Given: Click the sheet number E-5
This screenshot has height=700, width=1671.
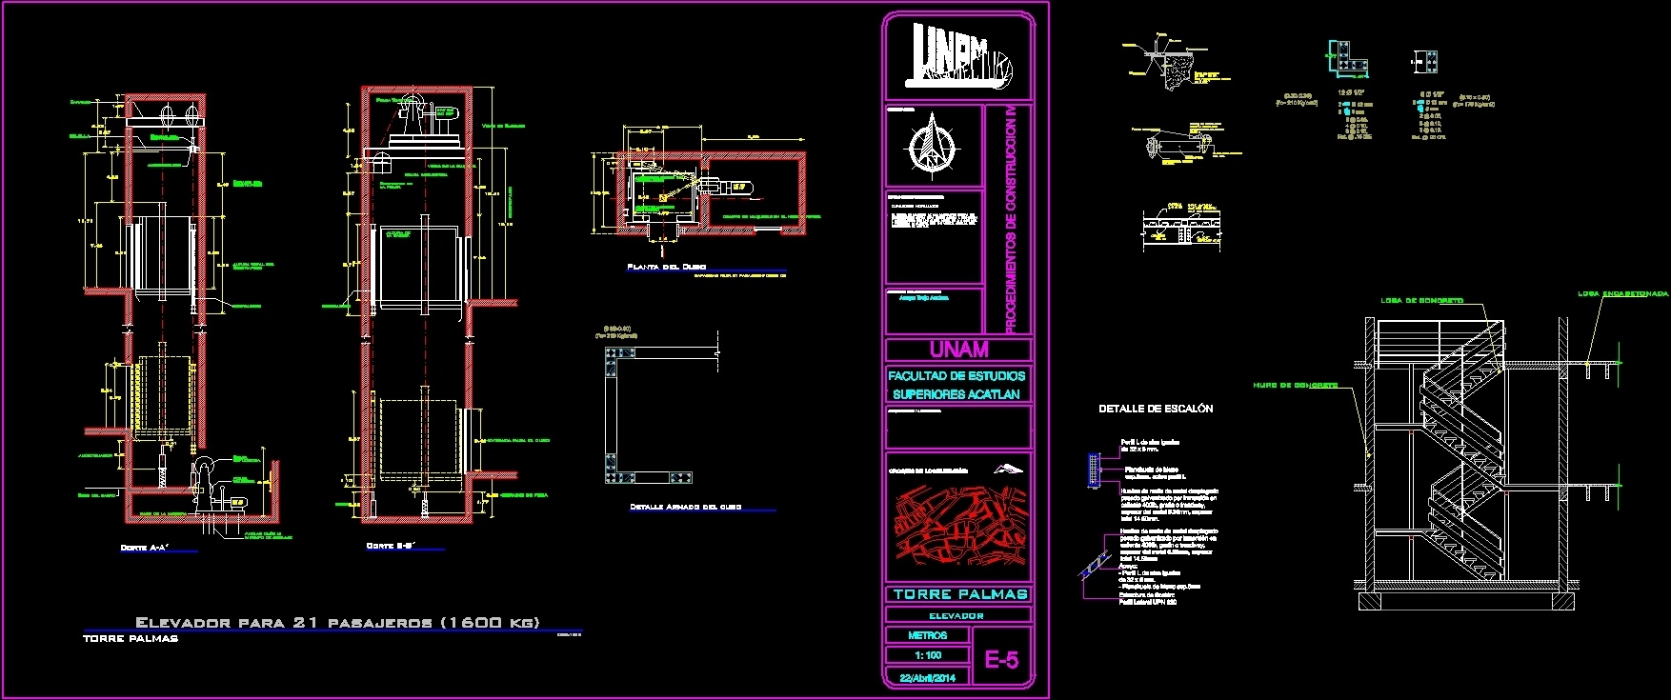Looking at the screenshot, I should (1001, 660).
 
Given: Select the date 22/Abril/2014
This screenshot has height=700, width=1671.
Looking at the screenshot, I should (927, 678).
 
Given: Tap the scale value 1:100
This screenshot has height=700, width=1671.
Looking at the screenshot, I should (927, 655).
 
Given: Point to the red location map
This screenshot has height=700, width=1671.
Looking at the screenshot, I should (958, 526).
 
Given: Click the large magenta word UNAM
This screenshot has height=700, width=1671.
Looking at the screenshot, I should (958, 350).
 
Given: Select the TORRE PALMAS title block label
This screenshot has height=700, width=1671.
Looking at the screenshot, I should (959, 594).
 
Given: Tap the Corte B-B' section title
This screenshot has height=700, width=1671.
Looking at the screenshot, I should (392, 546).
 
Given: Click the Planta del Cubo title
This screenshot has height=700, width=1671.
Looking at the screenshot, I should (666, 267).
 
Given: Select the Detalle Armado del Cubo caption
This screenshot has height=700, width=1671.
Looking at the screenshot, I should (685, 507).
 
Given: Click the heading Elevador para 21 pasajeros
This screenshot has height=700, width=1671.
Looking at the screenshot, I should (337, 622).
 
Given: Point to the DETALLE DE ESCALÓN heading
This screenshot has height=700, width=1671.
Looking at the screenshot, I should (1156, 409).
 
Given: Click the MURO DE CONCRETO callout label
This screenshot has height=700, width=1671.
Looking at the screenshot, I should (1296, 385).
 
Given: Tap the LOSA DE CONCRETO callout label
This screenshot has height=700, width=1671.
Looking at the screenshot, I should (1421, 300).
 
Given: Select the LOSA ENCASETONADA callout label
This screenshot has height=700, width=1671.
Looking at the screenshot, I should (1622, 293).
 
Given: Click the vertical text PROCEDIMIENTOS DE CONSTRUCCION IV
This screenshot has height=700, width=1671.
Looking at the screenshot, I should (1011, 219).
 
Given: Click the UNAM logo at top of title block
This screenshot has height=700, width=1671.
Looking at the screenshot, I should (958, 53).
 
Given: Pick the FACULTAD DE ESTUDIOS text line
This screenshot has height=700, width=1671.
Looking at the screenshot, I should (956, 376).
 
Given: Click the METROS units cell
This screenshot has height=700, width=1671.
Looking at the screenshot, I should (927, 635).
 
